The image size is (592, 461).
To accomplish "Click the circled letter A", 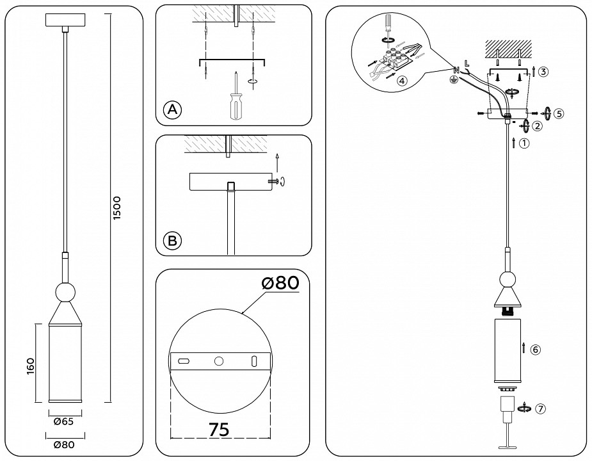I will point(172,110).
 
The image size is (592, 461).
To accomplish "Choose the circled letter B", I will point(172,241).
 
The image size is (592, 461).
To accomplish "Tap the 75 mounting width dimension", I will point(219,430).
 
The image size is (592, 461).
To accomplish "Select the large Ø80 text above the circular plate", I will point(280,282).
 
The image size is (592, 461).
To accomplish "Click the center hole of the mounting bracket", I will point(219,362).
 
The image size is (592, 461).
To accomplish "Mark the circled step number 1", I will point(524,143).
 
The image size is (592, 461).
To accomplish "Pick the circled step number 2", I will point(538,125).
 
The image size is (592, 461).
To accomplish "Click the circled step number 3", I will point(543,72).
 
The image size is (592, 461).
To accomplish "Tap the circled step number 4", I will point(401,81).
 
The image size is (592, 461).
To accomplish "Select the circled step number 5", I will point(559,113).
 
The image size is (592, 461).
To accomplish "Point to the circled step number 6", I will point(536,350).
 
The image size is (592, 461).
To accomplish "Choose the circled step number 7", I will point(542,408).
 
